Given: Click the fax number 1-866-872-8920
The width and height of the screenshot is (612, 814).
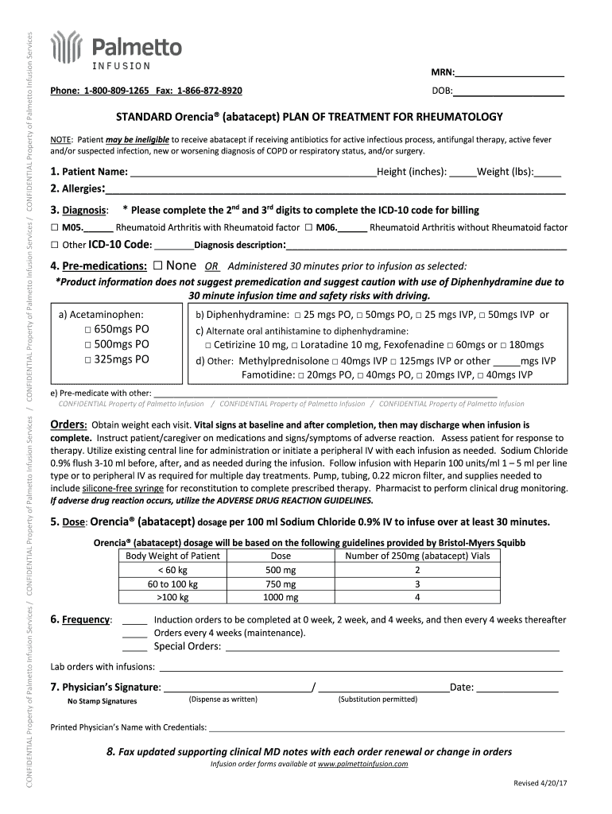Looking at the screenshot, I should (210, 91).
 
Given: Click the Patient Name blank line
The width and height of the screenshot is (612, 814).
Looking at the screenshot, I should (253, 172).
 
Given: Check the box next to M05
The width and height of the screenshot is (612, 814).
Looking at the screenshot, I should (55, 227).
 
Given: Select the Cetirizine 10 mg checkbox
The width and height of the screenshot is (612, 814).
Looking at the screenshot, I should (208, 345).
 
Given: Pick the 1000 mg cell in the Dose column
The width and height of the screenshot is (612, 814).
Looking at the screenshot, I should (281, 598).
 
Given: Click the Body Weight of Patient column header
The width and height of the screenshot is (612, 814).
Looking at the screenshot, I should (172, 556).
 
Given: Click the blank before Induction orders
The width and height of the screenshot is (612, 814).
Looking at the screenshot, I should (135, 620).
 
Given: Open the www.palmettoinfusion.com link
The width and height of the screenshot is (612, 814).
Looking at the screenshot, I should (362, 764).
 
